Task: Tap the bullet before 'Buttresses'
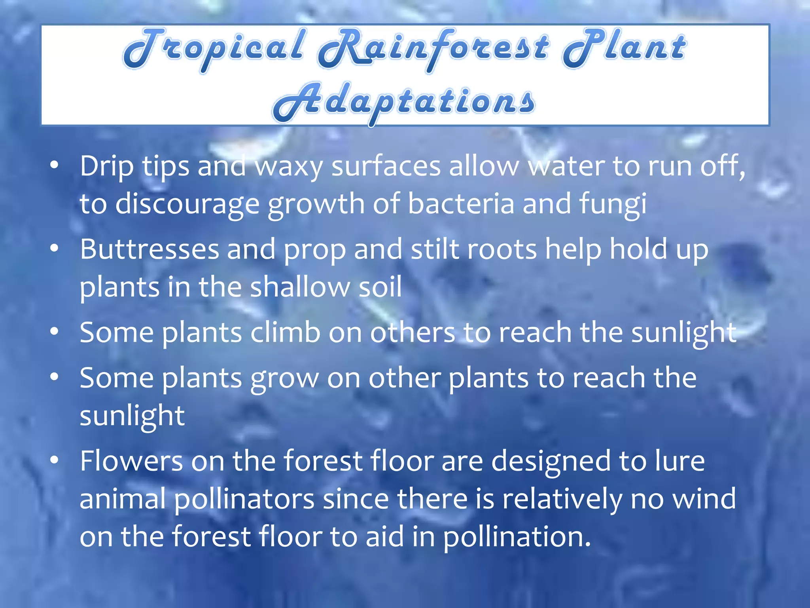[x=54, y=248]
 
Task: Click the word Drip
[x=106, y=166]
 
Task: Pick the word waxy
[x=289, y=167]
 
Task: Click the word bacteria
[x=461, y=203]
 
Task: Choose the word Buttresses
[x=150, y=249]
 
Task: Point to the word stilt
[x=435, y=249]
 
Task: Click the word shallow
[x=300, y=287]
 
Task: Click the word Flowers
[x=132, y=461]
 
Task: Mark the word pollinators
[x=244, y=499]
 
